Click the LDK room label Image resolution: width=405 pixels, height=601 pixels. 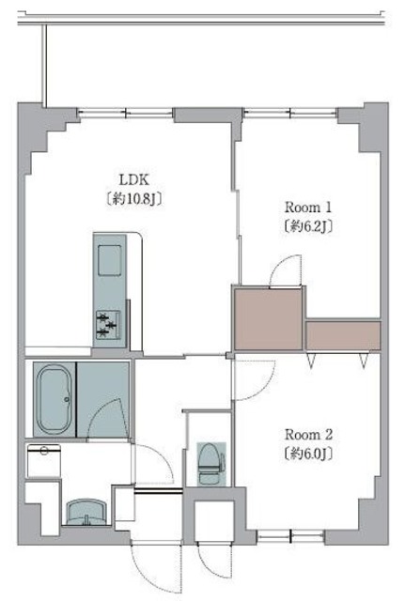point(133,179)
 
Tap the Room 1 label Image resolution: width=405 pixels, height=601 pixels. point(308,208)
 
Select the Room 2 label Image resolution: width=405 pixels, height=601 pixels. point(308,435)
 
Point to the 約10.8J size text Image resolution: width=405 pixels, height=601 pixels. point(133,199)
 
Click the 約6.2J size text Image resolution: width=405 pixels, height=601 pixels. point(308,226)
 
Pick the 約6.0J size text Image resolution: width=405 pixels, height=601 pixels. point(308,454)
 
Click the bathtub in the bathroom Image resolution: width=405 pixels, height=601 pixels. point(55,399)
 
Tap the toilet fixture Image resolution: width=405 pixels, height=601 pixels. point(210,464)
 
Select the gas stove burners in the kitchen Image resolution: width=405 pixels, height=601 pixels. point(107,325)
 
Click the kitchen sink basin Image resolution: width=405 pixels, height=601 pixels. point(110,261)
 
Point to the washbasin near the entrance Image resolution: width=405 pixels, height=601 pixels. point(86,512)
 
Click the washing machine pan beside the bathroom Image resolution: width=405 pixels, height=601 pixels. point(44,460)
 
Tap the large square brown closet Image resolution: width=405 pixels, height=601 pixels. point(268,319)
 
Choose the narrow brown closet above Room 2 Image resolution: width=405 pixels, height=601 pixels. point(343,335)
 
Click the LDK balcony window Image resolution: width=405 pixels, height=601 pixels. point(125,113)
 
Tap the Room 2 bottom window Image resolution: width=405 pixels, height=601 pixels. point(290,536)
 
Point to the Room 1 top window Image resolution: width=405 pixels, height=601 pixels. point(290,113)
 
